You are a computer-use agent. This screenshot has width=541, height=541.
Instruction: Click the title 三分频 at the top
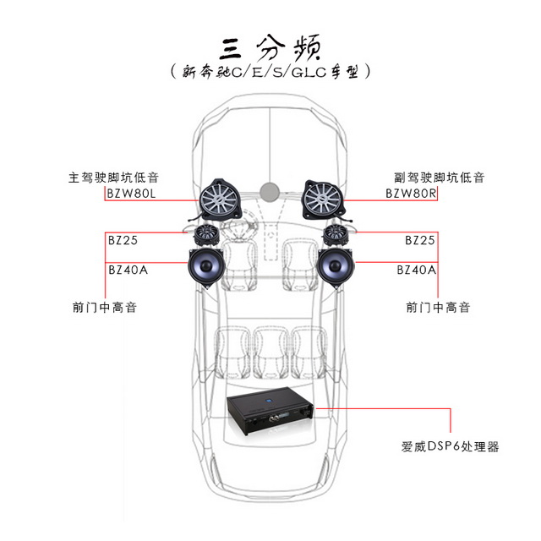[x=270, y=46]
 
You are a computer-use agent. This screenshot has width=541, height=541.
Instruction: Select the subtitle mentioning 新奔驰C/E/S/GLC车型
[x=270, y=73]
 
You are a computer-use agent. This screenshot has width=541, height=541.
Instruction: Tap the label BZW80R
[x=411, y=194]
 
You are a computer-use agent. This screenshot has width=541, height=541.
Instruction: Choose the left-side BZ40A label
[x=128, y=270]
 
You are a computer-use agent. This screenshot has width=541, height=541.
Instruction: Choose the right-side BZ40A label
[x=416, y=270]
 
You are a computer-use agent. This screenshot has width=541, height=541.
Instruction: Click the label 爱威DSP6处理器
[x=451, y=446]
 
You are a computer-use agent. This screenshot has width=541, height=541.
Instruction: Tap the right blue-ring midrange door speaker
[x=338, y=266]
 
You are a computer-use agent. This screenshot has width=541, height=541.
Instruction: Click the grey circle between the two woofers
[x=270, y=189]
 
